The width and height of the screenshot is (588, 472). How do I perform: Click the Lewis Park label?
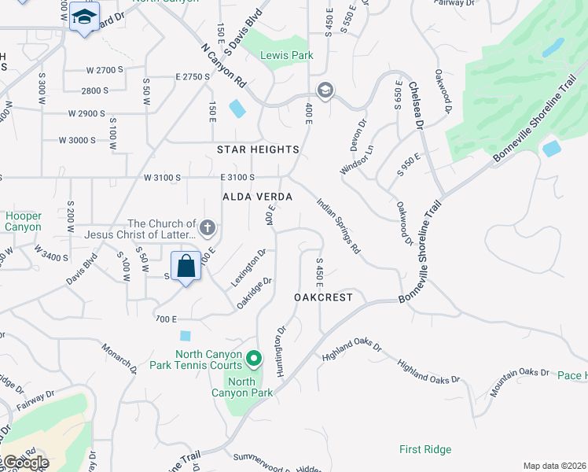(x=288, y=56)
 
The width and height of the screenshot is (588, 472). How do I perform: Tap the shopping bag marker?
(x=186, y=267)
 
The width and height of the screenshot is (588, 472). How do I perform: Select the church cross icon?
(x=208, y=229)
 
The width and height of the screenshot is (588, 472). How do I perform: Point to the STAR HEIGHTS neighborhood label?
(x=259, y=149)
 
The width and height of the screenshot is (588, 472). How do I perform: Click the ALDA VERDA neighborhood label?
(x=258, y=197)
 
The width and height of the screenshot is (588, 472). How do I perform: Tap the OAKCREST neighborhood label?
(x=323, y=297)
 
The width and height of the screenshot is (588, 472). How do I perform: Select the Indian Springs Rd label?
(x=338, y=226)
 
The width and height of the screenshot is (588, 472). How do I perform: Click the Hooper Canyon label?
(x=23, y=221)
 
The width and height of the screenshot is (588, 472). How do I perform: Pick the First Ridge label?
(x=424, y=449)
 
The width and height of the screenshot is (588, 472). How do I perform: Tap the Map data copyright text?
(x=554, y=466)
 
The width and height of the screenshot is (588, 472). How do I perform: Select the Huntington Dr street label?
(x=280, y=348)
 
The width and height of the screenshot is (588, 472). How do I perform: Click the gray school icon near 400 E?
(x=325, y=90)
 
